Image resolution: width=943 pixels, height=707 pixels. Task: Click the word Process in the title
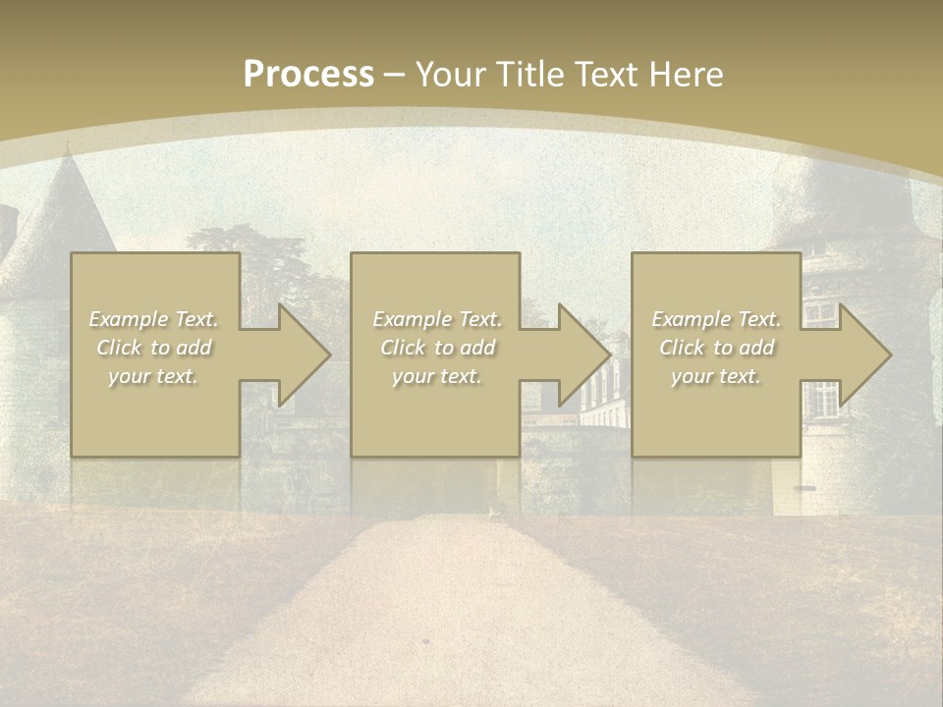tap(308, 75)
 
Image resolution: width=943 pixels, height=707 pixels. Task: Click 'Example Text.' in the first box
tap(154, 319)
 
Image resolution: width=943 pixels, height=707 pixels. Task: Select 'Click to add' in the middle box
tap(437, 348)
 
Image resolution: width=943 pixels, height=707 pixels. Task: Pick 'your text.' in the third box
tap(716, 376)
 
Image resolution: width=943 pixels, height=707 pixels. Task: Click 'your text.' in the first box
tap(154, 376)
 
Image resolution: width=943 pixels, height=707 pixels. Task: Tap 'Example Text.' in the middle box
tap(437, 319)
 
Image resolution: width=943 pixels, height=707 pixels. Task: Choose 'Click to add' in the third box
tap(716, 348)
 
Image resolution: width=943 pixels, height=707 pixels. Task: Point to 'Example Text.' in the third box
tap(716, 319)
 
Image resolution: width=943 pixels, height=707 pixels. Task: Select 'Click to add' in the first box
tap(154, 348)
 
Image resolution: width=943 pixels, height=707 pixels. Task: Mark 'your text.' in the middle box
tap(437, 376)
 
